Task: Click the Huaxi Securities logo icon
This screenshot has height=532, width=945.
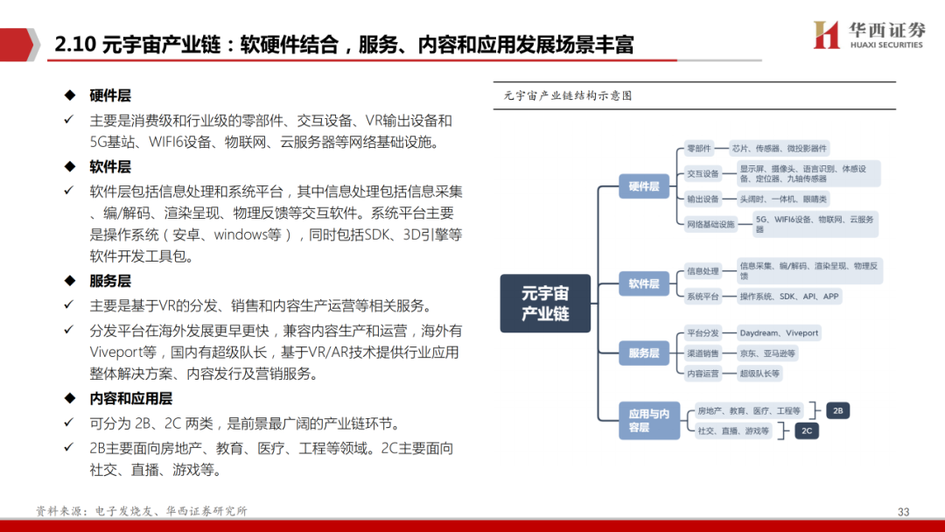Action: (826, 36)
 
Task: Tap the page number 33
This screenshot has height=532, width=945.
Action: (904, 512)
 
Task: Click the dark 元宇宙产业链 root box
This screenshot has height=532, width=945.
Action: (545, 304)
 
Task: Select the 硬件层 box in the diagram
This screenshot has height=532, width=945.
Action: (643, 185)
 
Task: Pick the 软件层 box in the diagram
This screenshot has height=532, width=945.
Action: (643, 283)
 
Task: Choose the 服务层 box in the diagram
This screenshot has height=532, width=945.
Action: (643, 353)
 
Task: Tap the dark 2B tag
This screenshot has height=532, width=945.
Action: (837, 410)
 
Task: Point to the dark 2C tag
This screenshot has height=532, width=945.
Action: (806, 430)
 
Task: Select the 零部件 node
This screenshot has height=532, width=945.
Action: (699, 149)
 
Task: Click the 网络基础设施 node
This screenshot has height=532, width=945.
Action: (710, 224)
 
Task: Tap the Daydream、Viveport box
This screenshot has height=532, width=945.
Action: (779, 333)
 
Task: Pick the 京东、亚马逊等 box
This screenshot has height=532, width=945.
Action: (767, 353)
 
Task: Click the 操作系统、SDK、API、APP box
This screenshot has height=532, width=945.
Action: (788, 297)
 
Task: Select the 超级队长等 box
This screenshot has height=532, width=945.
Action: (759, 374)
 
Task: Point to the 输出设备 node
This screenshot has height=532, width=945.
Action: (703, 199)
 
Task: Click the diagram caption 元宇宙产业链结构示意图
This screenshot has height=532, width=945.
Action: (568, 96)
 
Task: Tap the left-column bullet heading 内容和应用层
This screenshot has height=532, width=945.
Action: (130, 399)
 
